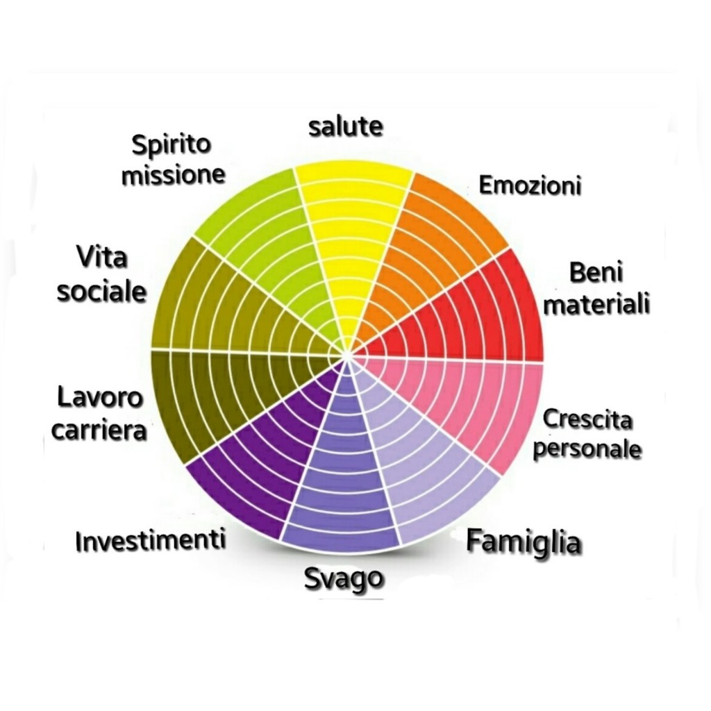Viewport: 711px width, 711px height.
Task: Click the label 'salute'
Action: (x=345, y=127)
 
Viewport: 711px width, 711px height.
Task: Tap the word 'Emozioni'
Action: (x=530, y=186)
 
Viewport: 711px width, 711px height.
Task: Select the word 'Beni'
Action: (x=596, y=273)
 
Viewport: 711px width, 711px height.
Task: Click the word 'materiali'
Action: (x=596, y=305)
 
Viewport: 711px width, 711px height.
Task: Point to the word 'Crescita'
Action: (x=587, y=419)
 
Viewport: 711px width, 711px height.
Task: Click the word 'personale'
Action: (x=587, y=448)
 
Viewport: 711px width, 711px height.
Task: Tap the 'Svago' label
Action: (x=344, y=578)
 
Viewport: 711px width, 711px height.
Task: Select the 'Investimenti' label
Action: (x=151, y=540)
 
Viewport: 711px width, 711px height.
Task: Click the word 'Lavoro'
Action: (x=100, y=399)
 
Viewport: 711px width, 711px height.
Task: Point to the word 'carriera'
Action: (x=100, y=430)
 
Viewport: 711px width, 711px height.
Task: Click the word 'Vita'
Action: (x=102, y=258)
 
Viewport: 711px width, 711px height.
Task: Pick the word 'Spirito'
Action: (x=171, y=146)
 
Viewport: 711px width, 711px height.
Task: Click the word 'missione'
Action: (x=174, y=175)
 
